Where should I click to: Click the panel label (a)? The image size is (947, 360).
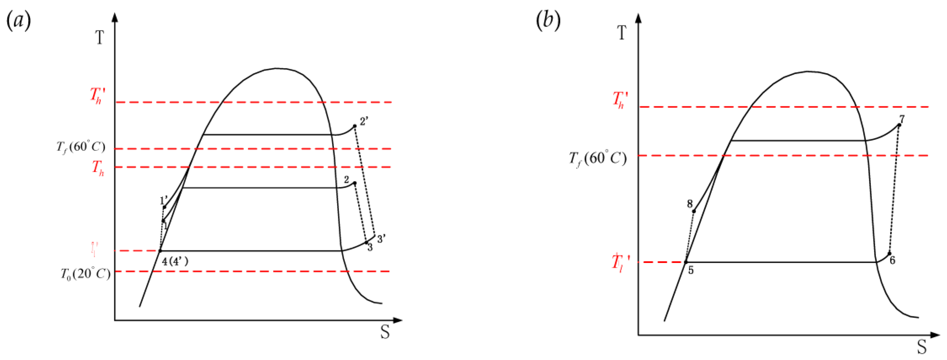pos(19,21)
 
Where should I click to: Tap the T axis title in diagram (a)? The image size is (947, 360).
pos(100,38)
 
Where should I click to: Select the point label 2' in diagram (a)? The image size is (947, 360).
pos(364,121)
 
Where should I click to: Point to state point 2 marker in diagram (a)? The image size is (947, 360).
pos(355,183)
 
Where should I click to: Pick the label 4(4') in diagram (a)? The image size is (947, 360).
pos(175,262)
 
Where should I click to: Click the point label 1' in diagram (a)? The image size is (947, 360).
pos(164,201)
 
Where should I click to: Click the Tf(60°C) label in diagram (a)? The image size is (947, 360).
pos(80,147)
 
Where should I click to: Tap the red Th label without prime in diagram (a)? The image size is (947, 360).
pos(98,168)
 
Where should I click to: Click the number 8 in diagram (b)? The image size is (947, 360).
pos(690,204)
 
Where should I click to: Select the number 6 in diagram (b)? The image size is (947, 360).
pos(892,260)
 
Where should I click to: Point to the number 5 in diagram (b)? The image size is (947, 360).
pos(691,270)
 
